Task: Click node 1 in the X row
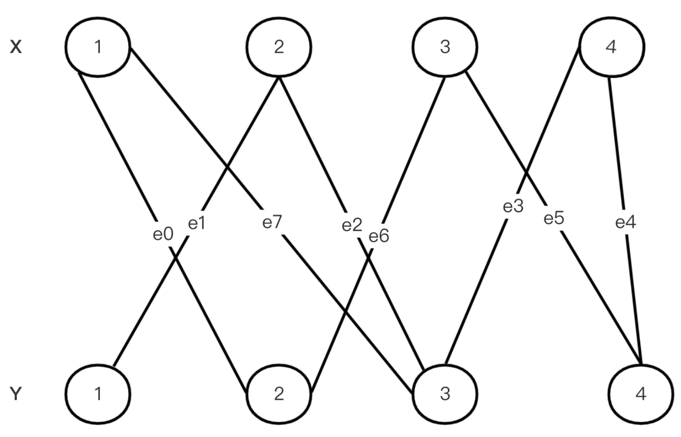[98, 46]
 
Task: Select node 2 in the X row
[279, 46]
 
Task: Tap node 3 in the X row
[445, 46]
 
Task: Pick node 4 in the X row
[611, 46]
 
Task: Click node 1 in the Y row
[98, 393]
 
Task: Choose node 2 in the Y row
[279, 393]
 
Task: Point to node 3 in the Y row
[445, 393]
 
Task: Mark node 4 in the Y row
[641, 393]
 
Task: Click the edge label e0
[163, 234]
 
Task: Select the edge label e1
[197, 223]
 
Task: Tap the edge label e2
[352, 225]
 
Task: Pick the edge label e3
[513, 206]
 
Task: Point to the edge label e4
[626, 222]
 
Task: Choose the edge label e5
[554, 218]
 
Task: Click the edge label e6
[379, 236]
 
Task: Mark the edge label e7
[272, 222]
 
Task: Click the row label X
[16, 47]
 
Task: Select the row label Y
[16, 393]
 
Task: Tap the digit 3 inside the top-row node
[445, 46]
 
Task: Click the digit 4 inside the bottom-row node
[641, 393]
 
